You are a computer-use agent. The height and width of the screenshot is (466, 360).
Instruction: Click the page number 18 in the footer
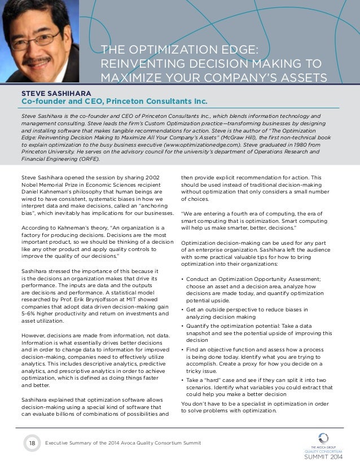pyautogui.click(x=32, y=443)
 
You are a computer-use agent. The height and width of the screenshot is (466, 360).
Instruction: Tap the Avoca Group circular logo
pyautogui.click(x=323, y=438)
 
